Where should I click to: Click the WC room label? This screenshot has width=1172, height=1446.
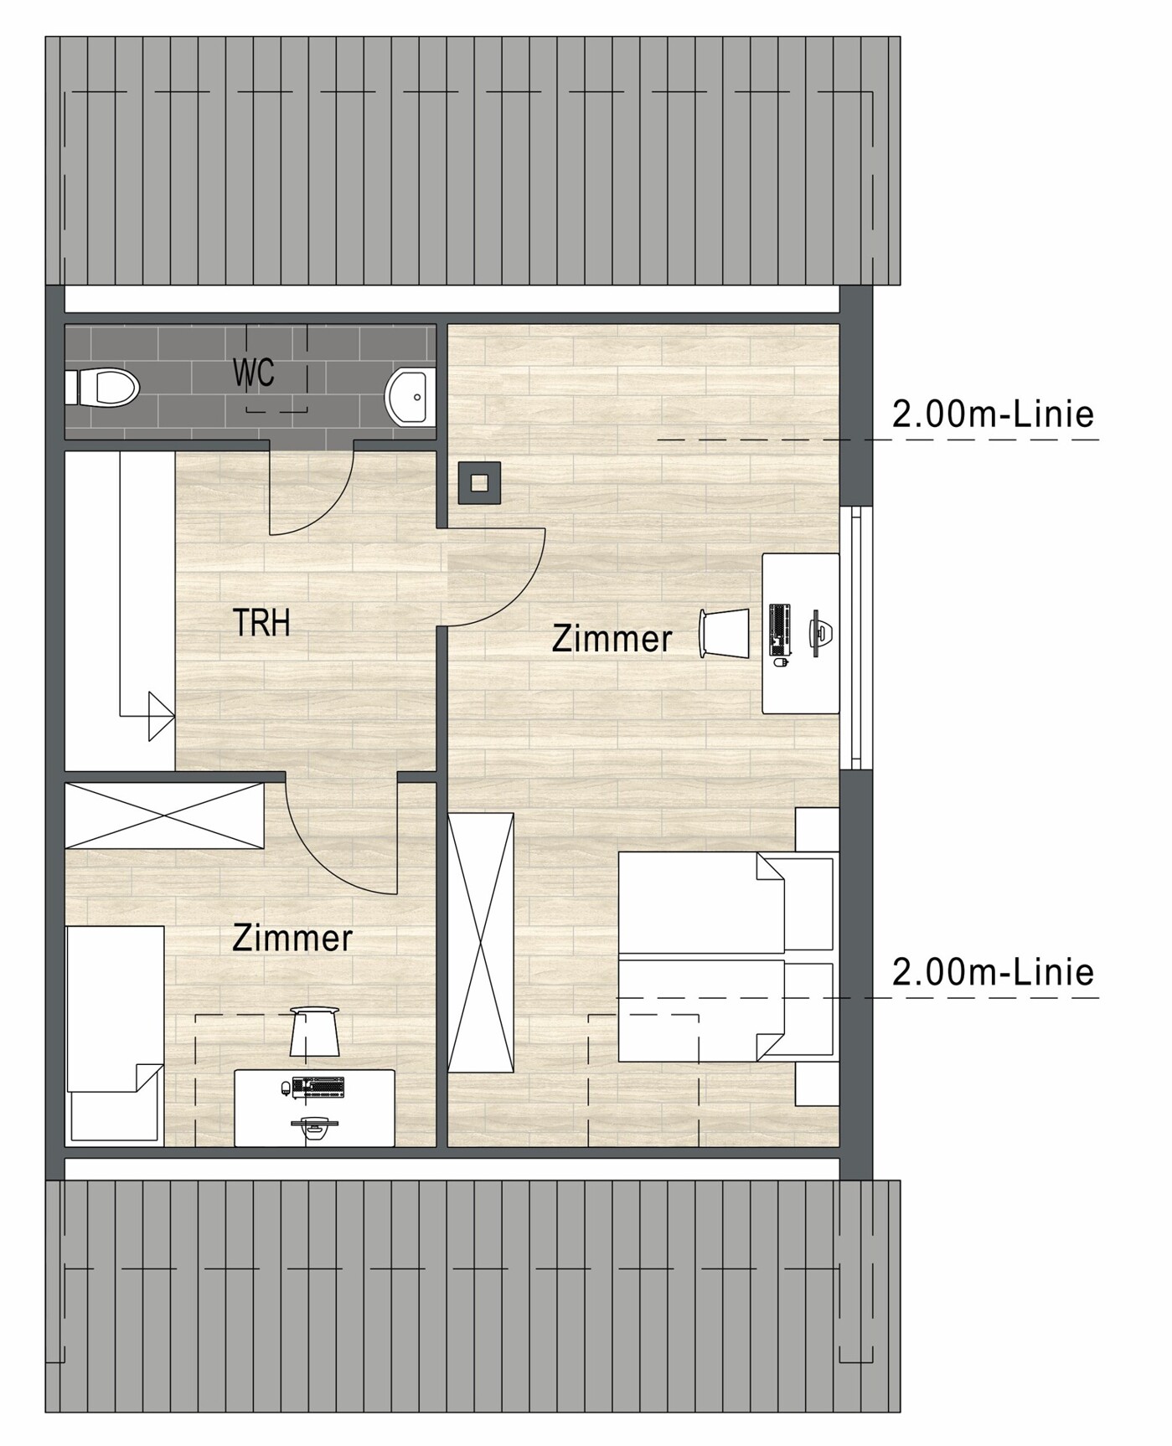[x=254, y=373]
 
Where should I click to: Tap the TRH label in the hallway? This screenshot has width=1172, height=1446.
[x=261, y=624]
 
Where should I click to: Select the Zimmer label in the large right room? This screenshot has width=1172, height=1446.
[x=612, y=639]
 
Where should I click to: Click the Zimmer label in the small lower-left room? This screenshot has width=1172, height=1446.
[x=292, y=938]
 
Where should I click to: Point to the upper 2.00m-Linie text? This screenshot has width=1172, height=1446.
[x=994, y=414]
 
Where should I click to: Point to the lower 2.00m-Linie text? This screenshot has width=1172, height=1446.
[x=994, y=972]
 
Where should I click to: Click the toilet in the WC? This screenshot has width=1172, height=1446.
[x=101, y=388]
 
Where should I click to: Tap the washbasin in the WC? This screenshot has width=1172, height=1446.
[x=410, y=397]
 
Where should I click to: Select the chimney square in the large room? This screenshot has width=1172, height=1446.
[x=479, y=483]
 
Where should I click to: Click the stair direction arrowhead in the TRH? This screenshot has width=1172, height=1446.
[x=161, y=716]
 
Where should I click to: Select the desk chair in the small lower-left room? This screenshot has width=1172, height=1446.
[x=314, y=1032]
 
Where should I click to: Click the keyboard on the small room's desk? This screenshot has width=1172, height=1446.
[x=318, y=1087]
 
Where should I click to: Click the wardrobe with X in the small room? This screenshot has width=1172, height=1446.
[x=164, y=816]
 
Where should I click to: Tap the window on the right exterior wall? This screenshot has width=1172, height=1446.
[x=855, y=636]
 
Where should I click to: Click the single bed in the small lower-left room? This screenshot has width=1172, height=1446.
[x=115, y=1034]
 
